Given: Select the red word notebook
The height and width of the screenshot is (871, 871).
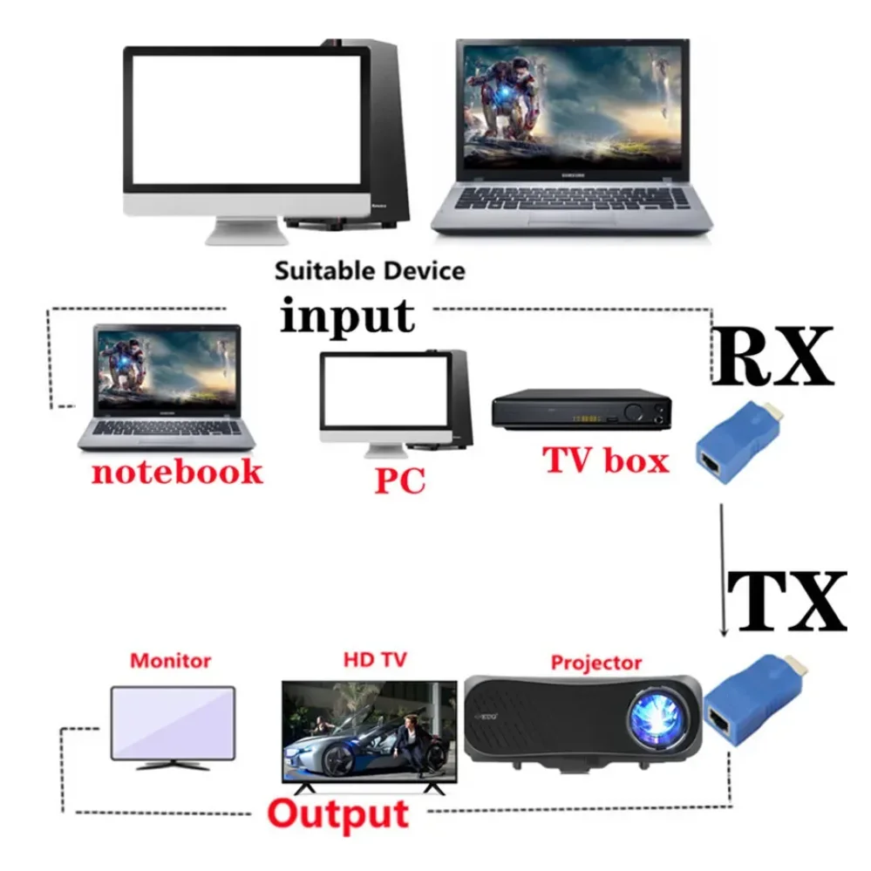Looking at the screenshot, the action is (x=176, y=472).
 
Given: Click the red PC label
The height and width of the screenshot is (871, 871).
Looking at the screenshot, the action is (x=399, y=480).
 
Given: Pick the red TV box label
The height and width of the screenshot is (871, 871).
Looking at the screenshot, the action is (x=606, y=459).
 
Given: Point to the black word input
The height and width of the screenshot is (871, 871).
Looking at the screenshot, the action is (x=347, y=315).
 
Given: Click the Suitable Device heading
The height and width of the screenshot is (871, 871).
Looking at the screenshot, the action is (x=370, y=270).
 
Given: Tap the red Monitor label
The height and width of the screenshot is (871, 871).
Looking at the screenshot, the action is (x=170, y=660).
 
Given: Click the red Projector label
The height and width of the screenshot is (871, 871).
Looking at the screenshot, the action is (x=595, y=663).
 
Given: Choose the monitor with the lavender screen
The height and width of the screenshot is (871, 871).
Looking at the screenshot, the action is (x=173, y=726).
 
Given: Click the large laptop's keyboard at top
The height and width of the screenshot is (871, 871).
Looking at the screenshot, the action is (x=571, y=200).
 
